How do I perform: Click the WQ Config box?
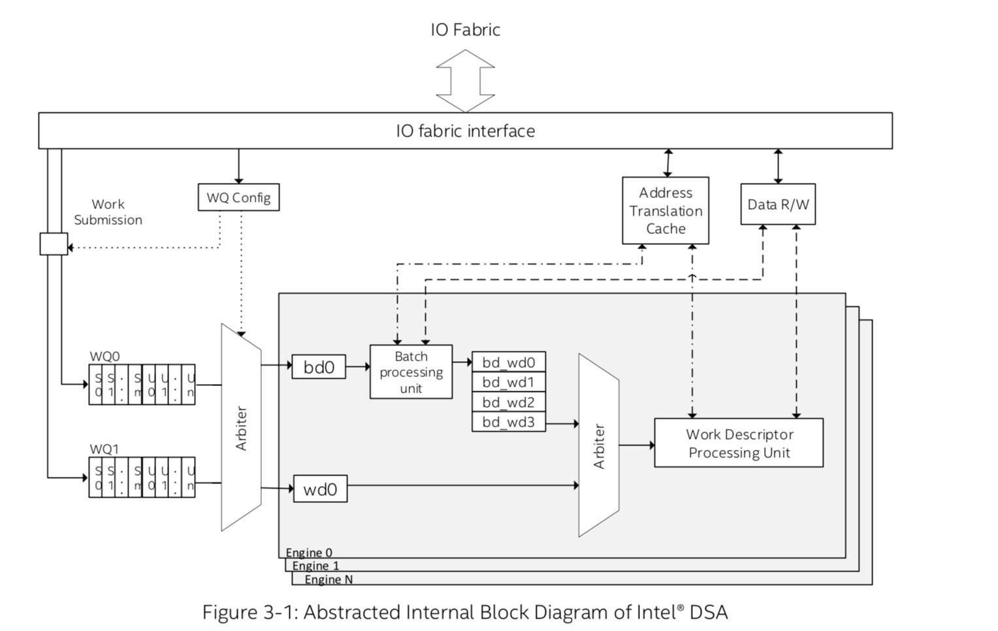point(238,197)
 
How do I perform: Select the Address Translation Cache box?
point(665,210)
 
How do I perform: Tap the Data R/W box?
point(777,204)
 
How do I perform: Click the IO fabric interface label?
point(465,131)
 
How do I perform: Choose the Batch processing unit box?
point(411,372)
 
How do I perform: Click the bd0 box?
point(319,367)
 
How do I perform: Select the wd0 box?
point(320,489)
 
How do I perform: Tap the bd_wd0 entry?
point(508,363)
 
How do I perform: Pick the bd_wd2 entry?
point(508,402)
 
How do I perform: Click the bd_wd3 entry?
point(508,422)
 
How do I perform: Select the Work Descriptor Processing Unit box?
point(739,444)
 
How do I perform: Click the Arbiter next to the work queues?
point(241,428)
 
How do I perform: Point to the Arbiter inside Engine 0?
point(598,446)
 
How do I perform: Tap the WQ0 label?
point(105,357)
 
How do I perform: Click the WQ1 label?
point(105,449)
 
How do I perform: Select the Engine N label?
point(329,579)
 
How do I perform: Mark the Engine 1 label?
point(315,566)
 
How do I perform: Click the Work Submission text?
point(108,212)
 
